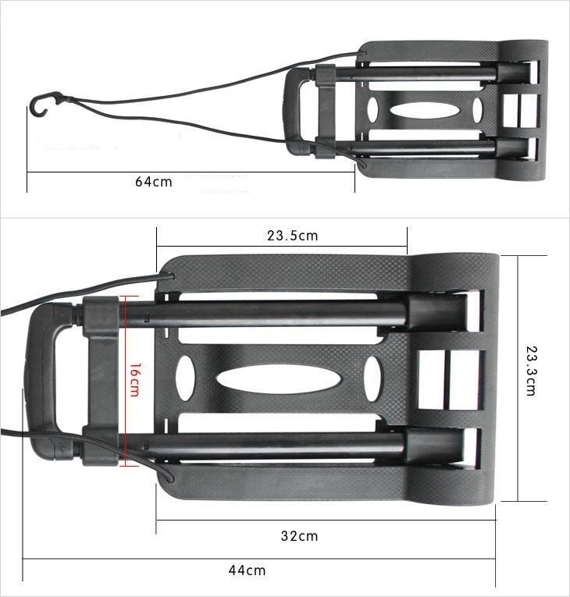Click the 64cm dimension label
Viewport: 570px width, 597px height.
pos(154,182)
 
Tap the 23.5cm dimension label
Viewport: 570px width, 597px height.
pos(292,236)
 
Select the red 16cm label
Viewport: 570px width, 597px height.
pos(134,379)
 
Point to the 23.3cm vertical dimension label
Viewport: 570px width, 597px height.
pos(531,371)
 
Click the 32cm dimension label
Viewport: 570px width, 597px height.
pos(299,536)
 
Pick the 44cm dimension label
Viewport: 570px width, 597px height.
pos(247,570)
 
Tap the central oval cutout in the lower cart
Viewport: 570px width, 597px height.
pos(279,380)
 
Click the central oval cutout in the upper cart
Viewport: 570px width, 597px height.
pos(424,110)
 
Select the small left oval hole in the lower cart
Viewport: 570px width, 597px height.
pos(186,378)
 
